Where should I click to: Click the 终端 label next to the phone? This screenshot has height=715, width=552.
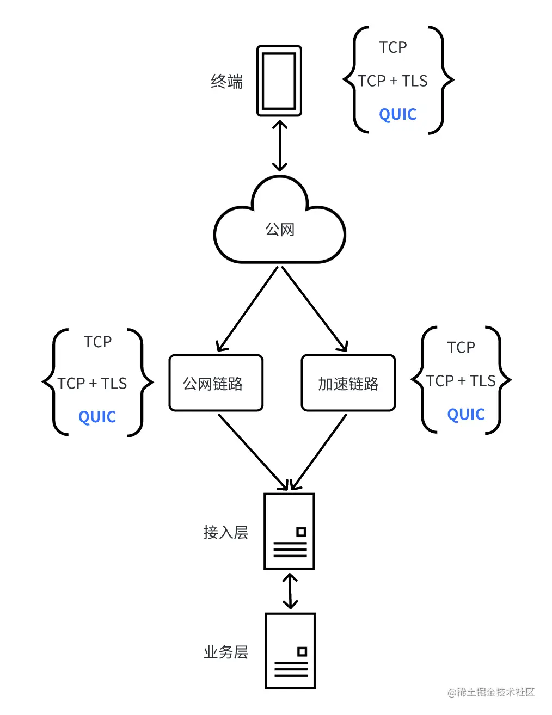[x=226, y=82]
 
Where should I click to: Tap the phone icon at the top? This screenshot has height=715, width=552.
[x=279, y=81]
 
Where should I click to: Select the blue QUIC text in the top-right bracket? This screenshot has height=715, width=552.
[x=397, y=114]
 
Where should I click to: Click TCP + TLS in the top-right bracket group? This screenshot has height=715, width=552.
[x=392, y=81]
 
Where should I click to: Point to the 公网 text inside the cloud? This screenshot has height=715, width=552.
[x=279, y=230]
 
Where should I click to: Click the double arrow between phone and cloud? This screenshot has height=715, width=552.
[x=279, y=146]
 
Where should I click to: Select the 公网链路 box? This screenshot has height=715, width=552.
[x=216, y=383]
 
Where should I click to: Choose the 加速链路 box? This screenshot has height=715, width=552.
[x=348, y=383]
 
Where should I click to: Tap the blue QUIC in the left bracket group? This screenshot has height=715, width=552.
[x=97, y=417]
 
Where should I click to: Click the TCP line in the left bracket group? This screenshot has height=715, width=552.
[x=97, y=342]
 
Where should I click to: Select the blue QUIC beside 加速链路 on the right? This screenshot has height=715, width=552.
[x=465, y=415]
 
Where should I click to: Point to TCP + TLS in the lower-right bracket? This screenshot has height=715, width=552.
[x=461, y=381]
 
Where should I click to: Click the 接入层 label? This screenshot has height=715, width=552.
[x=225, y=532]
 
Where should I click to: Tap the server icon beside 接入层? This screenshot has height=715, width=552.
[x=289, y=531]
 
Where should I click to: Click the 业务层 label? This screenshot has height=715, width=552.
[x=225, y=652]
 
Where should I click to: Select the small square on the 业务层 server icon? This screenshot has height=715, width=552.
[x=302, y=651]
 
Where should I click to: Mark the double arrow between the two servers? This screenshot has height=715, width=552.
[x=290, y=591]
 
